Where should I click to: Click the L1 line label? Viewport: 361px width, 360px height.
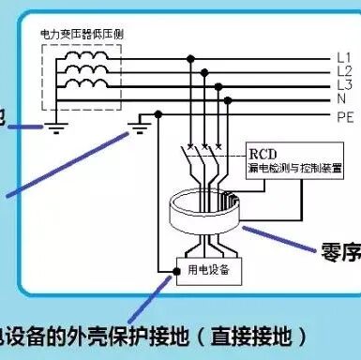[342, 58]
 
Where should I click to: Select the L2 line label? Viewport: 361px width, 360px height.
[342, 71]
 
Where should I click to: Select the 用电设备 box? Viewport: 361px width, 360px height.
[208, 272]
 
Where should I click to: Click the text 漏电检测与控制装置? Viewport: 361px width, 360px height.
[287, 169]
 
